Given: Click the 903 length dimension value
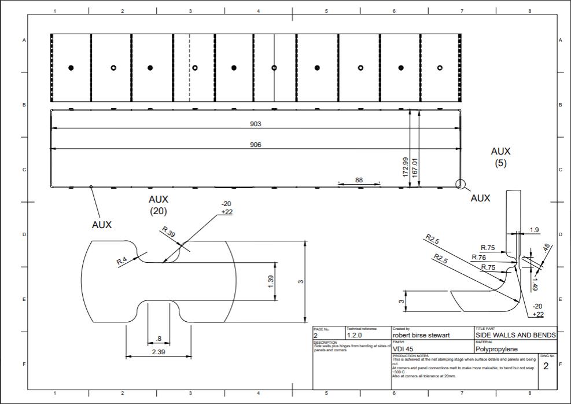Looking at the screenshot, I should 256,124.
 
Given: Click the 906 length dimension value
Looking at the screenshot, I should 256,145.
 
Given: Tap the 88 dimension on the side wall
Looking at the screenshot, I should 359,180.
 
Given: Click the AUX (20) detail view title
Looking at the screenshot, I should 159,205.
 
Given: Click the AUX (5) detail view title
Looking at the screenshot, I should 500,157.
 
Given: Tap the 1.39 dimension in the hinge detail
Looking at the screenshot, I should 272,282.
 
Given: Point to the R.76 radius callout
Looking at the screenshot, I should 478,257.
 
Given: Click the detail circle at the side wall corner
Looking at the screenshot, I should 460,185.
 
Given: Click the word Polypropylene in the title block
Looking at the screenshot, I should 496,349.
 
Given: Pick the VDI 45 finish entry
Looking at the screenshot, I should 404,349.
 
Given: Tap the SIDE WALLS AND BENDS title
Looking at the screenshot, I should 515,335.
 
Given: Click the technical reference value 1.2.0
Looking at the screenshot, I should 355,335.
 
